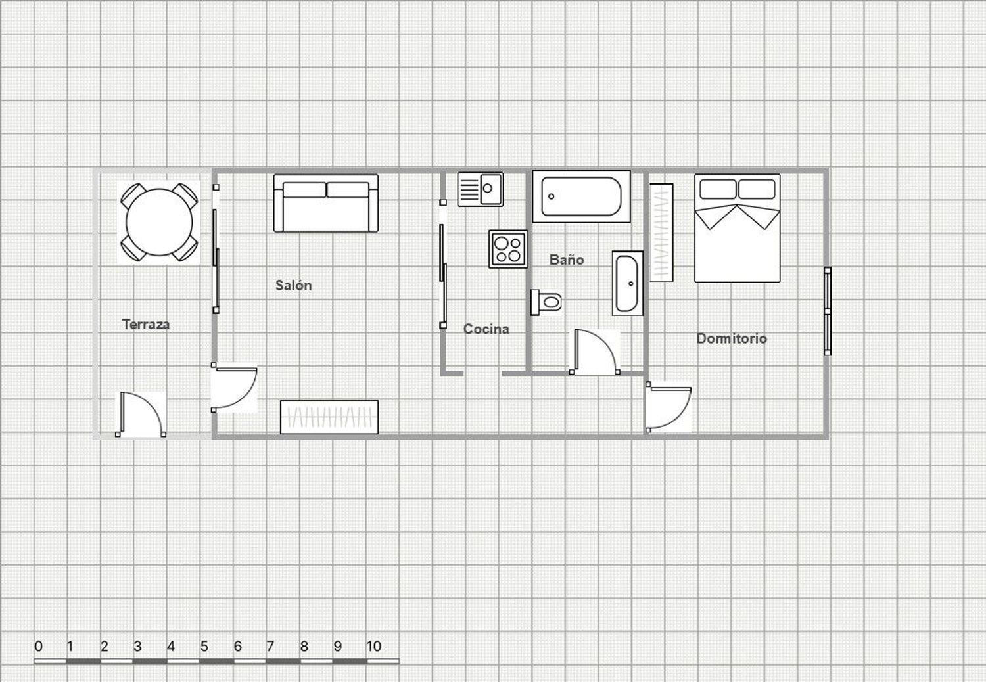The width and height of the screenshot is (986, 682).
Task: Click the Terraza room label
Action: pyautogui.click(x=146, y=325)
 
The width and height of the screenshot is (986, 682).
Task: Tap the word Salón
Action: pyautogui.click(x=294, y=285)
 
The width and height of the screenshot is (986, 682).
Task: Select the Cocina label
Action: pyautogui.click(x=486, y=329)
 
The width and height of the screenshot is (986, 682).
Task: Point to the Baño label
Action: pyautogui.click(x=567, y=259)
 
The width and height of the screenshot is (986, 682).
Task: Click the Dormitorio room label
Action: pyautogui.click(x=732, y=338)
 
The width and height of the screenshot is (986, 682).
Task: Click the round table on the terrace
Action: pyautogui.click(x=159, y=222)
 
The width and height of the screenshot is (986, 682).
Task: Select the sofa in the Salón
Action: pyautogui.click(x=326, y=203)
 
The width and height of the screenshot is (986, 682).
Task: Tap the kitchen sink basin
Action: pyautogui.click(x=490, y=189)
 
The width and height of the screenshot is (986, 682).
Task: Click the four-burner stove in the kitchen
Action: pyautogui.click(x=508, y=248)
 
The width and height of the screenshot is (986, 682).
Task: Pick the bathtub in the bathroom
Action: pyautogui.click(x=581, y=196)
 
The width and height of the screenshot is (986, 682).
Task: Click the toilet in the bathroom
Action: pyautogui.click(x=546, y=302)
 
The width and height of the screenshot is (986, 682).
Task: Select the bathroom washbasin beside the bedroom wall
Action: pyautogui.click(x=627, y=283)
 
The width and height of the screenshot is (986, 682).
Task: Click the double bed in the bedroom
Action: pyautogui.click(x=738, y=228)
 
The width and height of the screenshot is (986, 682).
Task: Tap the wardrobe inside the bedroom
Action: pyautogui.click(x=661, y=233)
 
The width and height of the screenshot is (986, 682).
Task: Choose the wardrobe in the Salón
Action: pyautogui.click(x=329, y=417)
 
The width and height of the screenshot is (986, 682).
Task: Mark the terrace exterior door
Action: pyautogui.click(x=141, y=413)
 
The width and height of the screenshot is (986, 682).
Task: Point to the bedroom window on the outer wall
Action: pyautogui.click(x=828, y=311)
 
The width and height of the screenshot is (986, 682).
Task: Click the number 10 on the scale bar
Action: pyautogui.click(x=373, y=646)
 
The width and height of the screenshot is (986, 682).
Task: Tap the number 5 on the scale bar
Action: pyautogui.click(x=204, y=646)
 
